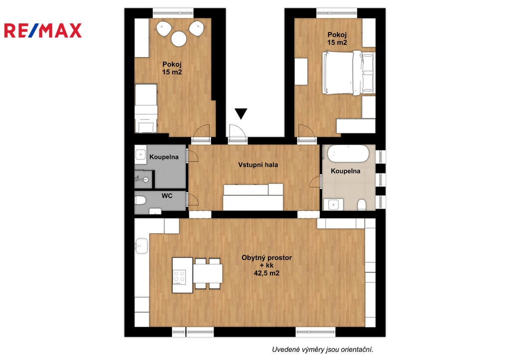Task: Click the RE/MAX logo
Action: coord(43,30)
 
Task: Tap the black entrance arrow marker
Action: coord(241,113)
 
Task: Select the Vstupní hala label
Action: coord(258,165)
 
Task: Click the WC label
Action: coord(167,196)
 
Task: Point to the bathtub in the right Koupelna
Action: coord(348,153)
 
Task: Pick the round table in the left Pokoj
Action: coord(179,39)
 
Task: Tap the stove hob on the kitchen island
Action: coord(179,277)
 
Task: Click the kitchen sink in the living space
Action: coord(142,246)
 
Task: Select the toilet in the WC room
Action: coord(140,200)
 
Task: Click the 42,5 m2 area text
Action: coord(266,273)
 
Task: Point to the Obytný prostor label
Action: coord(266,257)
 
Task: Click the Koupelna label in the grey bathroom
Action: coord(164,157)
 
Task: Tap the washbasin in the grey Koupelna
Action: coord(140,154)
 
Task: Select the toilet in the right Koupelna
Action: coord(362,205)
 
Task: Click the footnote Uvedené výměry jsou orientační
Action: coord(322,350)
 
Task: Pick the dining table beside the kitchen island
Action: coord(208,273)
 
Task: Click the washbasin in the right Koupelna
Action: coord(334,205)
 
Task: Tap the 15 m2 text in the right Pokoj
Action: coord(337,43)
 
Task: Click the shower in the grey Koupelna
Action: coord(143,179)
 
